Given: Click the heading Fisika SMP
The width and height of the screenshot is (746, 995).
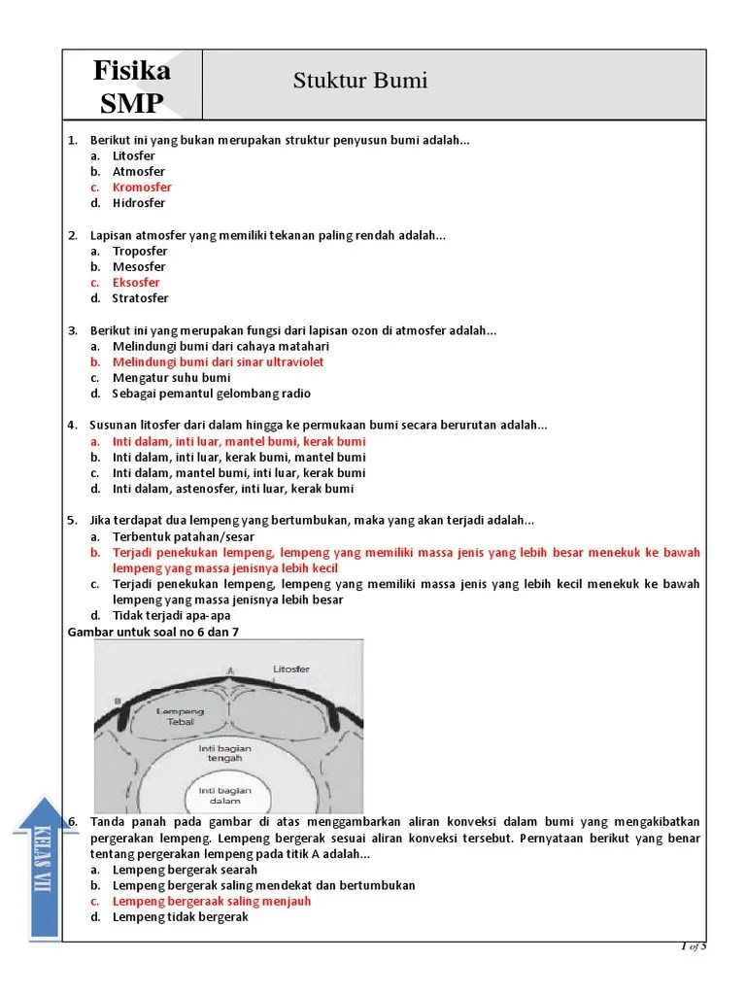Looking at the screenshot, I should click(x=132, y=86).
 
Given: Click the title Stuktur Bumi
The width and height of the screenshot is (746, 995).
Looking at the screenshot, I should click(x=360, y=81).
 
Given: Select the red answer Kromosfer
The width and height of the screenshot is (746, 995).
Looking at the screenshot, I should click(x=142, y=188).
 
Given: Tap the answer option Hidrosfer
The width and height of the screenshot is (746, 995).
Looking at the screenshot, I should click(x=139, y=203).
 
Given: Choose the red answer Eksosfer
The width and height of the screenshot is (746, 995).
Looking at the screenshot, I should click(x=136, y=283).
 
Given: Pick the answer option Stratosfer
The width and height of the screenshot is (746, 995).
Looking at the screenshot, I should click(x=140, y=298).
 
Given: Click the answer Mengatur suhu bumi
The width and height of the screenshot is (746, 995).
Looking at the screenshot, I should click(x=171, y=378).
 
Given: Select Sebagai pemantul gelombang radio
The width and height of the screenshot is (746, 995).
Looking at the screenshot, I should click(x=212, y=394).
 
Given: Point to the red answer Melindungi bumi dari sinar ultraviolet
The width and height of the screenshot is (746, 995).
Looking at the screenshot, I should click(x=218, y=361).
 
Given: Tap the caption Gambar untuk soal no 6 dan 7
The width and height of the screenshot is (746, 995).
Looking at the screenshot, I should click(x=153, y=632).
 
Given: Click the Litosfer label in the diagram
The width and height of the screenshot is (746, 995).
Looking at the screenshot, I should click(x=291, y=669).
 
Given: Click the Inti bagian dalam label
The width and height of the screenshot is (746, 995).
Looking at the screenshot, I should click(x=225, y=795).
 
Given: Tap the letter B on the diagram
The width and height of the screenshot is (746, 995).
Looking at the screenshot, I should click(x=118, y=700).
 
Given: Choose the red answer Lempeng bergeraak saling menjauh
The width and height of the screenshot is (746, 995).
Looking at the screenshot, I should click(x=212, y=901).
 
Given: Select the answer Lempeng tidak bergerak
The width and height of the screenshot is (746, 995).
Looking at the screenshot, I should click(x=181, y=916).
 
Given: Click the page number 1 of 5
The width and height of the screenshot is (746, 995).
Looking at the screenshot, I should click(x=693, y=946).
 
